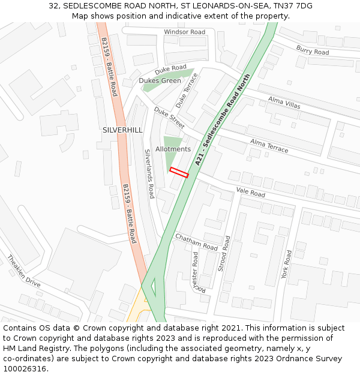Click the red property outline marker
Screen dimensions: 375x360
point(179,172)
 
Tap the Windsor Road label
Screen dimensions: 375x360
point(184,32)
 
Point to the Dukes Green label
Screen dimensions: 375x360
point(160,80)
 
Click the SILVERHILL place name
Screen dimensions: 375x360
point(122,130)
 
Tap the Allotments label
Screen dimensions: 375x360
point(173,149)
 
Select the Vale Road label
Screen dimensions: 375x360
point(250,193)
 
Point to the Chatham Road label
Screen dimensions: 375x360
point(196,242)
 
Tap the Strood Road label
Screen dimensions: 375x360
point(224,253)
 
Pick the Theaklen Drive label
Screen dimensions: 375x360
point(23,271)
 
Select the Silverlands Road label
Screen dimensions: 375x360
point(149,174)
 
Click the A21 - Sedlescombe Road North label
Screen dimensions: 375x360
point(222,125)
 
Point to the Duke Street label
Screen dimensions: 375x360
point(169,118)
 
